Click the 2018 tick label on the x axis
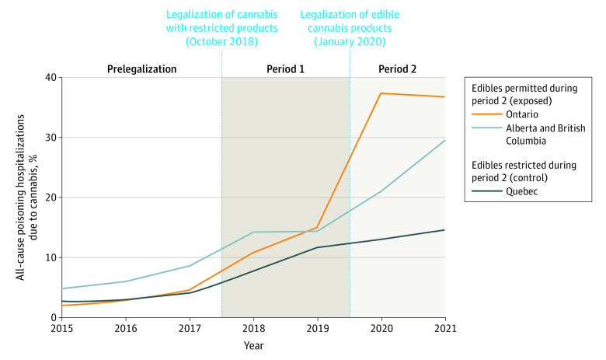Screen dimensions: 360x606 pyautogui.click(x=254, y=328)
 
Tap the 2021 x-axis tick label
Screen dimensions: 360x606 pyautogui.click(x=445, y=328)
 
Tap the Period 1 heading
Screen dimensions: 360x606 pyautogui.click(x=286, y=69)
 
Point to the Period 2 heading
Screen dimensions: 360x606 pyautogui.click(x=397, y=69)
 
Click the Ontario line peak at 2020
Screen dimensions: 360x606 pyautogui.click(x=381, y=93)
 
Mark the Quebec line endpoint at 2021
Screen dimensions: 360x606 pyautogui.click(x=445, y=230)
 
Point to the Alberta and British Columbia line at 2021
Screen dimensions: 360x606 pyautogui.click(x=445, y=140)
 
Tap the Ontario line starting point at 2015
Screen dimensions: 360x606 pyautogui.click(x=62, y=306)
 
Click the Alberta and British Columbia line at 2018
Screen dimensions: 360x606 pyautogui.click(x=254, y=232)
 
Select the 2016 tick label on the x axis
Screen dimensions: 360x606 pyautogui.click(x=126, y=328)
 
